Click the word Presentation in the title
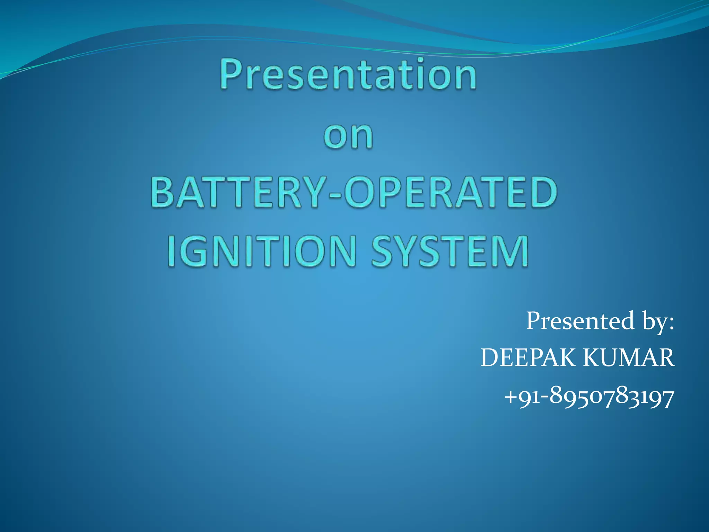(x=348, y=74)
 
